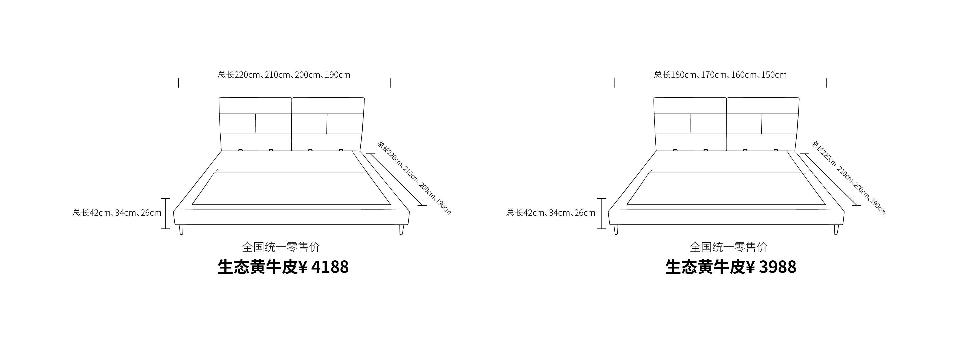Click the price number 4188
pos(330,267)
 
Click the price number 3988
pos(777,267)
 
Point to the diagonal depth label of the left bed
pos(414,178)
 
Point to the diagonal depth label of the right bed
pos(848,178)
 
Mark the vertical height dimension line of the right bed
pos(602,214)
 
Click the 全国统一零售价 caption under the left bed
pos(281,247)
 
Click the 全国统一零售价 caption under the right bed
pos(728,247)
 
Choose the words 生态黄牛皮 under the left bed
pos(258,267)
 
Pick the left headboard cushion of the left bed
pos(256,124)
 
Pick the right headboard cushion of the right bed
pos(762,124)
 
